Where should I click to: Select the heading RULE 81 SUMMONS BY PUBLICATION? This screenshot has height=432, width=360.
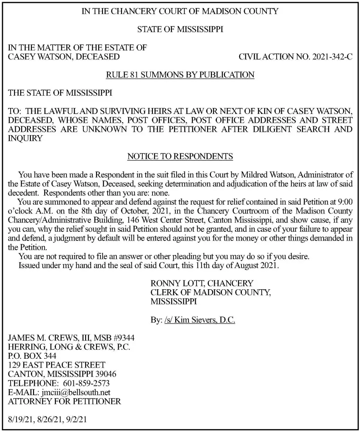[x=180, y=75]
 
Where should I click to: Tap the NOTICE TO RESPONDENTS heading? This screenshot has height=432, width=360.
[x=180, y=157]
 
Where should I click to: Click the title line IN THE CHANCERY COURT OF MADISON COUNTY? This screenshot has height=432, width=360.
[x=180, y=11]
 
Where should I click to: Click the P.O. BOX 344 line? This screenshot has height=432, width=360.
[x=32, y=356]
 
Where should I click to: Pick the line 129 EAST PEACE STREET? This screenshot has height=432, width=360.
[x=57, y=365]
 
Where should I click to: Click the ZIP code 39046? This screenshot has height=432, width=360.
[x=105, y=374]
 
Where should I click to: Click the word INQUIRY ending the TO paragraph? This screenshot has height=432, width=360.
[x=25, y=138]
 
